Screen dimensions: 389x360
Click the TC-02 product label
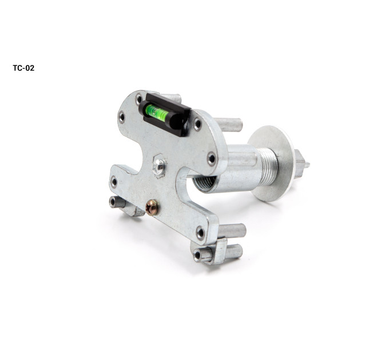pyautogui.click(x=23, y=68)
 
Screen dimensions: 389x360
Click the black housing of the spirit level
pyautogui.click(x=165, y=114)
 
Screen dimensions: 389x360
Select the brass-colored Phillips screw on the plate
pyautogui.click(x=152, y=207)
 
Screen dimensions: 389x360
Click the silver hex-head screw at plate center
pyautogui.click(x=159, y=166)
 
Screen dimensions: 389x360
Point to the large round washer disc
pyautogui.click(x=272, y=163)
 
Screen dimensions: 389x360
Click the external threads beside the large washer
pyautogui.click(x=267, y=163)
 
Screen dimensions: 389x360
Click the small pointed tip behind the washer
pyautogui.click(x=307, y=164)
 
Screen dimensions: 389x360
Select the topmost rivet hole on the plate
pyautogui.click(x=138, y=99)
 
